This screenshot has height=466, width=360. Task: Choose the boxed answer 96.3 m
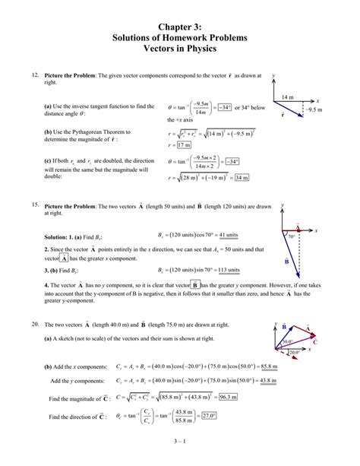click(226, 396)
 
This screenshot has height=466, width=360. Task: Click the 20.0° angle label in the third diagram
click(294, 352)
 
